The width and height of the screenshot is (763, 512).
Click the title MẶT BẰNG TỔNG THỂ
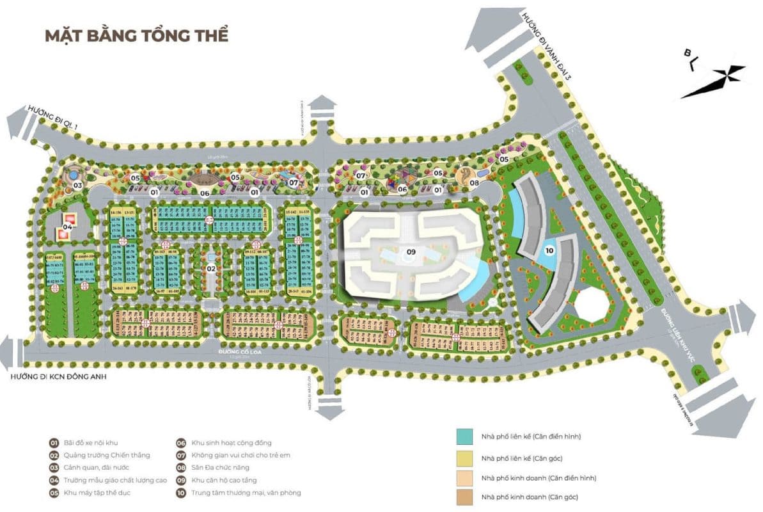click(x=136, y=35)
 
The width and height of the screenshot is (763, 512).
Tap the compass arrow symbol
click(x=712, y=79)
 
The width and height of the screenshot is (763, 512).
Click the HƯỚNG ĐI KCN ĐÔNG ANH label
click(x=58, y=377)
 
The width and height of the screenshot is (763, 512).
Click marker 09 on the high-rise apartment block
click(x=411, y=252)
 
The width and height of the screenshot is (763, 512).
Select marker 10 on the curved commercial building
click(x=549, y=250)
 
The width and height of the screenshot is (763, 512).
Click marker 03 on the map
click(x=78, y=186)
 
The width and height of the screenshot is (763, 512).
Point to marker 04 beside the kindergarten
click(x=67, y=225)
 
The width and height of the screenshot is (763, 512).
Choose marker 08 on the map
click(x=475, y=182)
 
